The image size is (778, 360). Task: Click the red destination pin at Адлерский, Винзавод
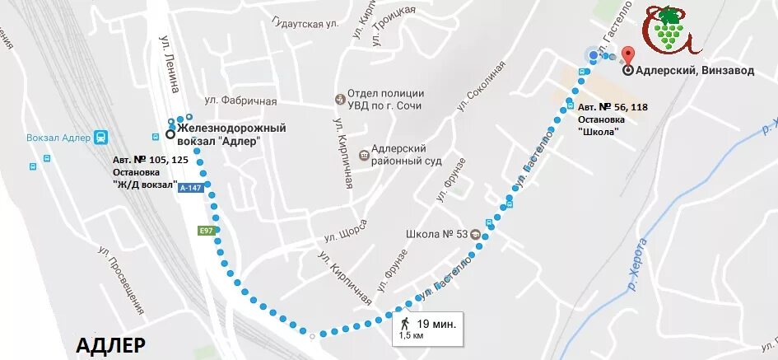[x=628, y=56]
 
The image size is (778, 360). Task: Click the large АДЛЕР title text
[x=110, y=344]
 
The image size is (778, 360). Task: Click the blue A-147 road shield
[x=191, y=188]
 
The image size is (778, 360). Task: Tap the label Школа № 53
[x=437, y=233]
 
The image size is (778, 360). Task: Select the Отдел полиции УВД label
[x=384, y=100]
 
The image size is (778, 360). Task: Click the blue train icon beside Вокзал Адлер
[x=100, y=137]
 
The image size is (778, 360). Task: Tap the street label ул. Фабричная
[x=240, y=101]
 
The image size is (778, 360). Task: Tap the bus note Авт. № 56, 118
[x=612, y=107]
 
